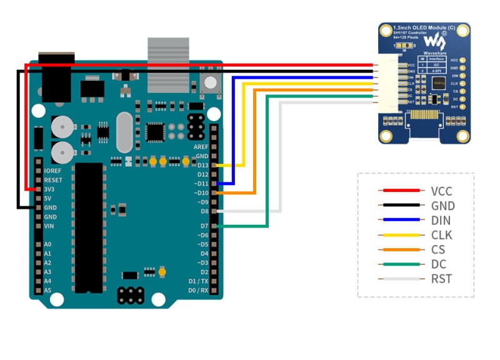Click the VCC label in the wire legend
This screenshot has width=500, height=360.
[x=441, y=191]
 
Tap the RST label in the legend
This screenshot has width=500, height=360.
[x=441, y=279]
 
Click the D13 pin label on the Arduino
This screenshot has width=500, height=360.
[x=202, y=165]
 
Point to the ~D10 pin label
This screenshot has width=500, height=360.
[x=200, y=193]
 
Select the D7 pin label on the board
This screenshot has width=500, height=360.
[x=204, y=225]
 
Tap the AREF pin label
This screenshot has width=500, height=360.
[x=201, y=146]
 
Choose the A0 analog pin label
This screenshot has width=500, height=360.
[x=48, y=244]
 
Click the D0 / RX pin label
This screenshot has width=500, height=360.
[x=197, y=291]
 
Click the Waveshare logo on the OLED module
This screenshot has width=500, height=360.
[x=432, y=41]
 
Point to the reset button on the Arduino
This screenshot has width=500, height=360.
[x=211, y=82]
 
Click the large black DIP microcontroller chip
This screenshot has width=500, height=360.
[x=87, y=228]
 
